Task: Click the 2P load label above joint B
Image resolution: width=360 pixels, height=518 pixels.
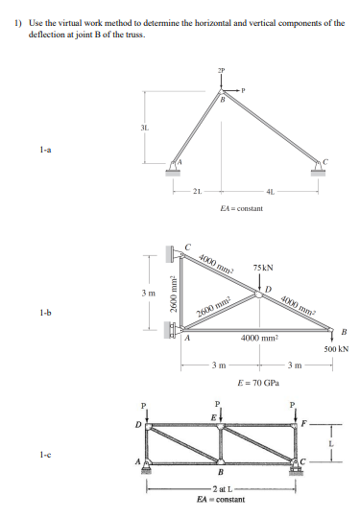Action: (x=223, y=70)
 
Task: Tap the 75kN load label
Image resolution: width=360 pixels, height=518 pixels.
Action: (x=263, y=267)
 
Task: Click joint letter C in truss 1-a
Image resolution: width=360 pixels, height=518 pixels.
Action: (x=324, y=157)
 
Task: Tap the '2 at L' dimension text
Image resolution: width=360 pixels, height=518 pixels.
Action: (x=222, y=489)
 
